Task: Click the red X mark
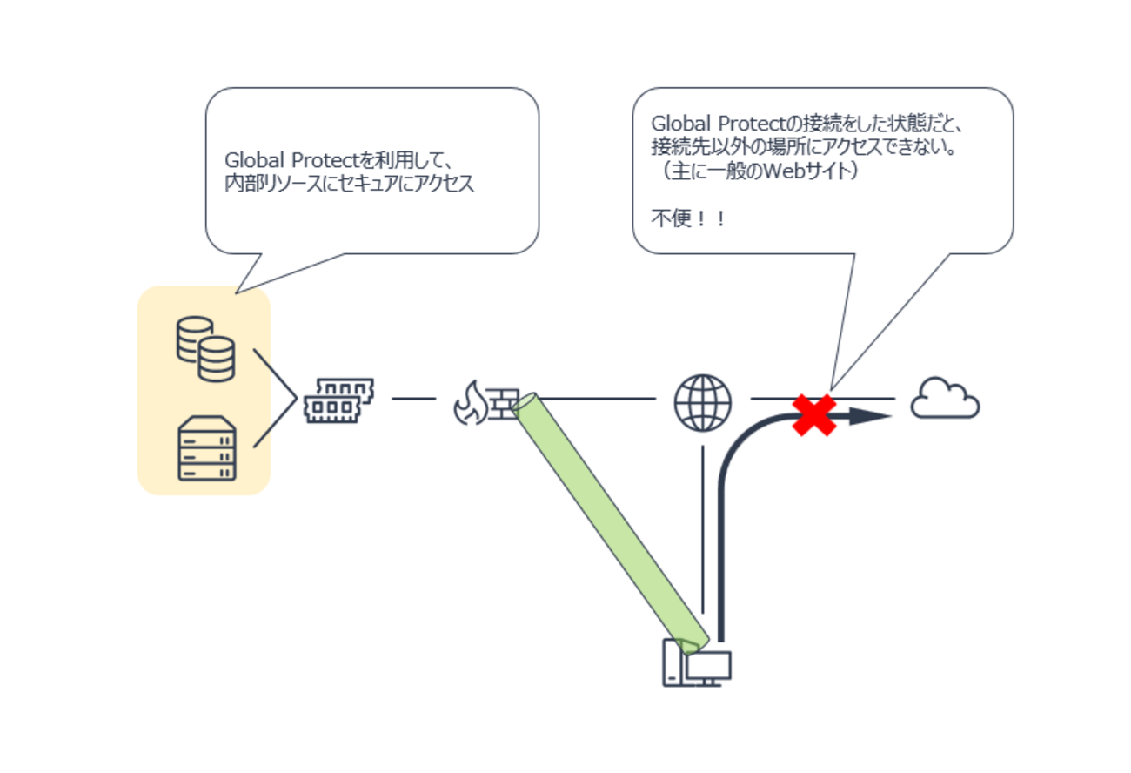coord(813,415)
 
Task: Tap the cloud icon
coord(945,400)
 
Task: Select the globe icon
coord(702,403)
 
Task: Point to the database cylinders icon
coord(205,348)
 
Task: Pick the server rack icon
coord(206,448)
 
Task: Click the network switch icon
coord(338,400)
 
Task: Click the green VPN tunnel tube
coord(609,522)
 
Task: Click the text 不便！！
coord(688,218)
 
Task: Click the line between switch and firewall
coord(413,399)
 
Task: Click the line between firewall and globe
coord(600,399)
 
